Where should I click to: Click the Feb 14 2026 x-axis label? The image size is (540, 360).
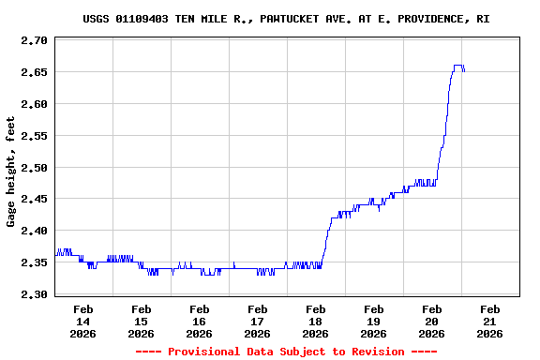click(x=82, y=321)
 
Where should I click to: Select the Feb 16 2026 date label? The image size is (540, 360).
click(x=199, y=321)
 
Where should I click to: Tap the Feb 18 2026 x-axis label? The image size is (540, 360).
click(x=315, y=321)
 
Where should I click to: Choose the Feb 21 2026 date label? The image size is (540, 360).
click(x=489, y=321)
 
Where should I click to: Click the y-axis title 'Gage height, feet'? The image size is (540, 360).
click(x=11, y=172)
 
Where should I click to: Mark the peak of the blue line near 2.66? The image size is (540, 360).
click(x=457, y=66)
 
